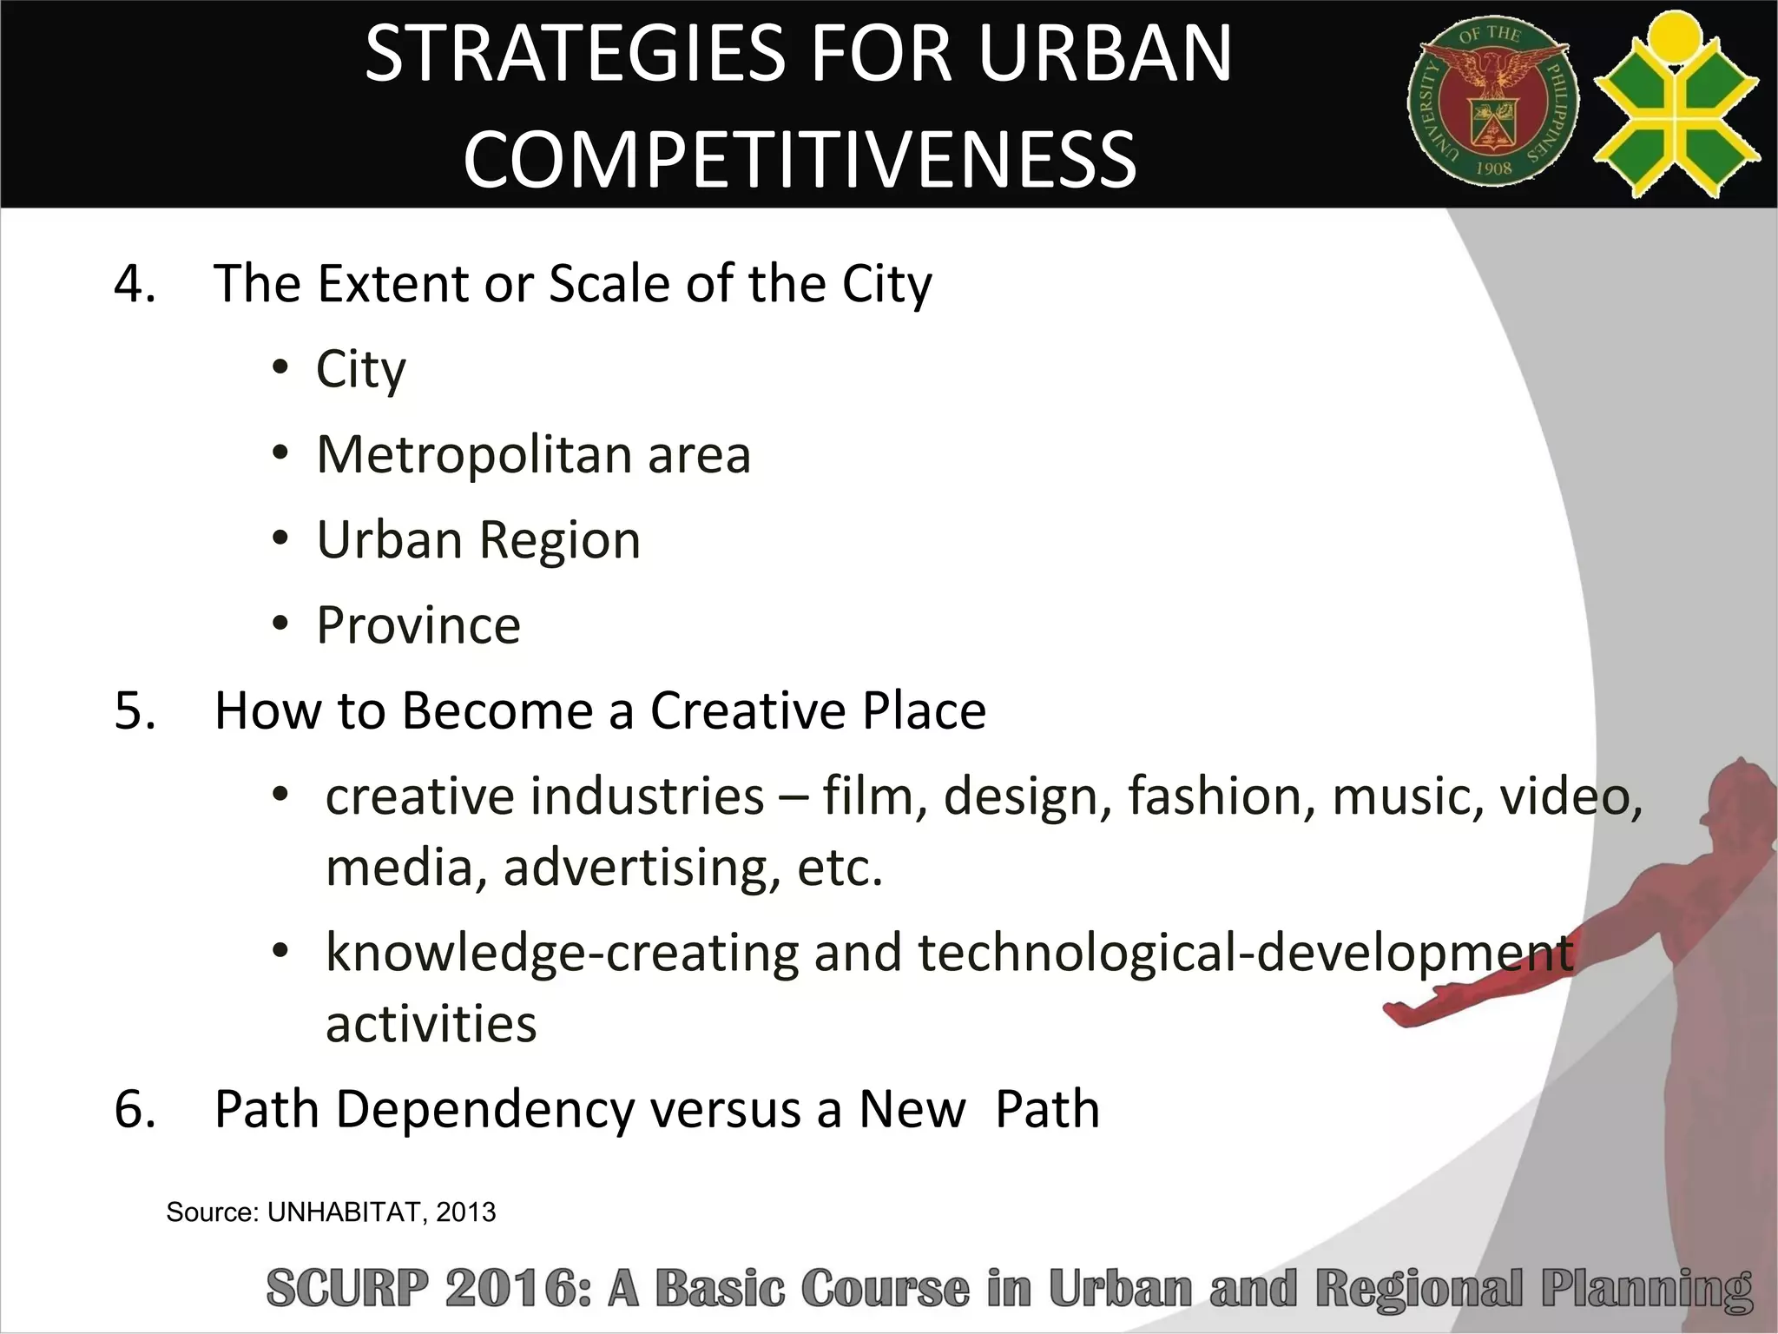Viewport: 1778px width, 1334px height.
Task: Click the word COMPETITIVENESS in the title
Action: (800, 159)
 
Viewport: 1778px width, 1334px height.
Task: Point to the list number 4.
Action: (135, 284)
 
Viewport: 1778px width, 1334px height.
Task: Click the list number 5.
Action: (135, 711)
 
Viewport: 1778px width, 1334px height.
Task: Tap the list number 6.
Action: (135, 1110)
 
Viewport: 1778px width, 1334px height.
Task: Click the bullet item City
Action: (360, 370)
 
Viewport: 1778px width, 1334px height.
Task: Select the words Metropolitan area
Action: (533, 454)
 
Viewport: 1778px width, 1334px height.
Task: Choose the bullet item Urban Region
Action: (478, 540)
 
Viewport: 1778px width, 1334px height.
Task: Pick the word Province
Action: (418, 625)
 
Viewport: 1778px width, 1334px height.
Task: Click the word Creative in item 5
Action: (747, 711)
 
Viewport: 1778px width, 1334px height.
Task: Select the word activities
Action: (431, 1024)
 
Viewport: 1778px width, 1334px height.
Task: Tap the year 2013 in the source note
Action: (466, 1212)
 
